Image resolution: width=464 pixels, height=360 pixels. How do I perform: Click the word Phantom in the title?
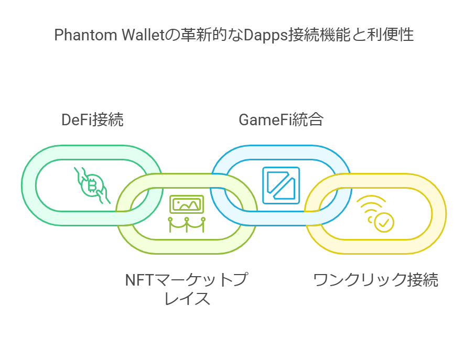[x=85, y=35]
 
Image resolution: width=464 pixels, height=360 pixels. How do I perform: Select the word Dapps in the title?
[x=266, y=35]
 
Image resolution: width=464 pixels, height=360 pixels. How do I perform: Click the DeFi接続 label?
[x=92, y=120]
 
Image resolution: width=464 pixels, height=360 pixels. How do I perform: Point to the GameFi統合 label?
[x=281, y=120]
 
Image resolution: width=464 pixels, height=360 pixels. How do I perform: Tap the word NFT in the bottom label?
[x=139, y=280]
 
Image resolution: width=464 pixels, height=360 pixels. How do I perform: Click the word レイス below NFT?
[x=187, y=298]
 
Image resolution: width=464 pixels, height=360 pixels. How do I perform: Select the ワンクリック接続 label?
[x=375, y=280]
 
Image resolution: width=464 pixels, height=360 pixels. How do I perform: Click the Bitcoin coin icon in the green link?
[x=92, y=185]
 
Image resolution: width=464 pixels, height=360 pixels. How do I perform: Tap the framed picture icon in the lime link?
[x=187, y=204]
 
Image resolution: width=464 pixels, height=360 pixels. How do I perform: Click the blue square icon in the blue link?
[x=281, y=186]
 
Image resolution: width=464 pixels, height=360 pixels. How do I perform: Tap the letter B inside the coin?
[x=92, y=186]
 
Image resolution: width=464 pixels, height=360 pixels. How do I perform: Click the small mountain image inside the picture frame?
[x=187, y=204]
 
